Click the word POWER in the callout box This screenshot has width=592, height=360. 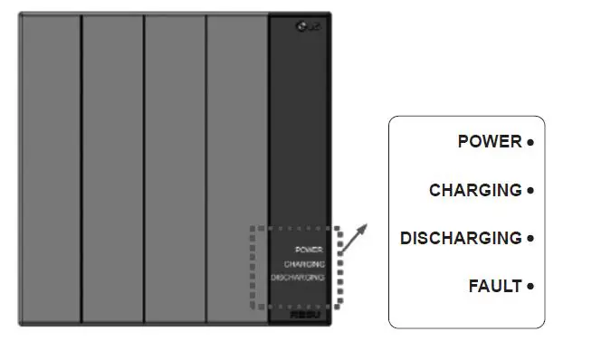pyautogui.click(x=490, y=142)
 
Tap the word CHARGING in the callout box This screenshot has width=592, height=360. pyautogui.click(x=475, y=191)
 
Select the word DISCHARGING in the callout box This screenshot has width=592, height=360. pyautogui.click(x=461, y=239)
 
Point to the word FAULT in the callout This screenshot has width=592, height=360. pyautogui.click(x=495, y=287)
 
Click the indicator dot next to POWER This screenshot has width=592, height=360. pyautogui.click(x=530, y=142)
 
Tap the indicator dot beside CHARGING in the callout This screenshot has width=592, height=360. pyautogui.click(x=530, y=191)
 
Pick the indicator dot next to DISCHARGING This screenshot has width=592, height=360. pyautogui.click(x=530, y=239)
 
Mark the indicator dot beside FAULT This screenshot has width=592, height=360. pyautogui.click(x=530, y=287)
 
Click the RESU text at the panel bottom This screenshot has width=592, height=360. pyautogui.click(x=302, y=317)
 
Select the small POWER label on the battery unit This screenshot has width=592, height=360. pyautogui.click(x=310, y=250)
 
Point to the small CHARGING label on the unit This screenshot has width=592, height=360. pyautogui.click(x=304, y=263)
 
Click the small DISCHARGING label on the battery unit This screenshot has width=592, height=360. pyautogui.click(x=298, y=278)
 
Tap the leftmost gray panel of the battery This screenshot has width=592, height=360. pyautogui.click(x=50, y=167)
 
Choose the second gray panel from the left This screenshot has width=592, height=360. pyautogui.click(x=112, y=167)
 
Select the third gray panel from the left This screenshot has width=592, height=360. pyautogui.click(x=175, y=167)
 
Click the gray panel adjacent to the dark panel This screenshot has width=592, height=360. pyautogui.click(x=236, y=167)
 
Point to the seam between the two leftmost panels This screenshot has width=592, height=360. pyautogui.click(x=81, y=167)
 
